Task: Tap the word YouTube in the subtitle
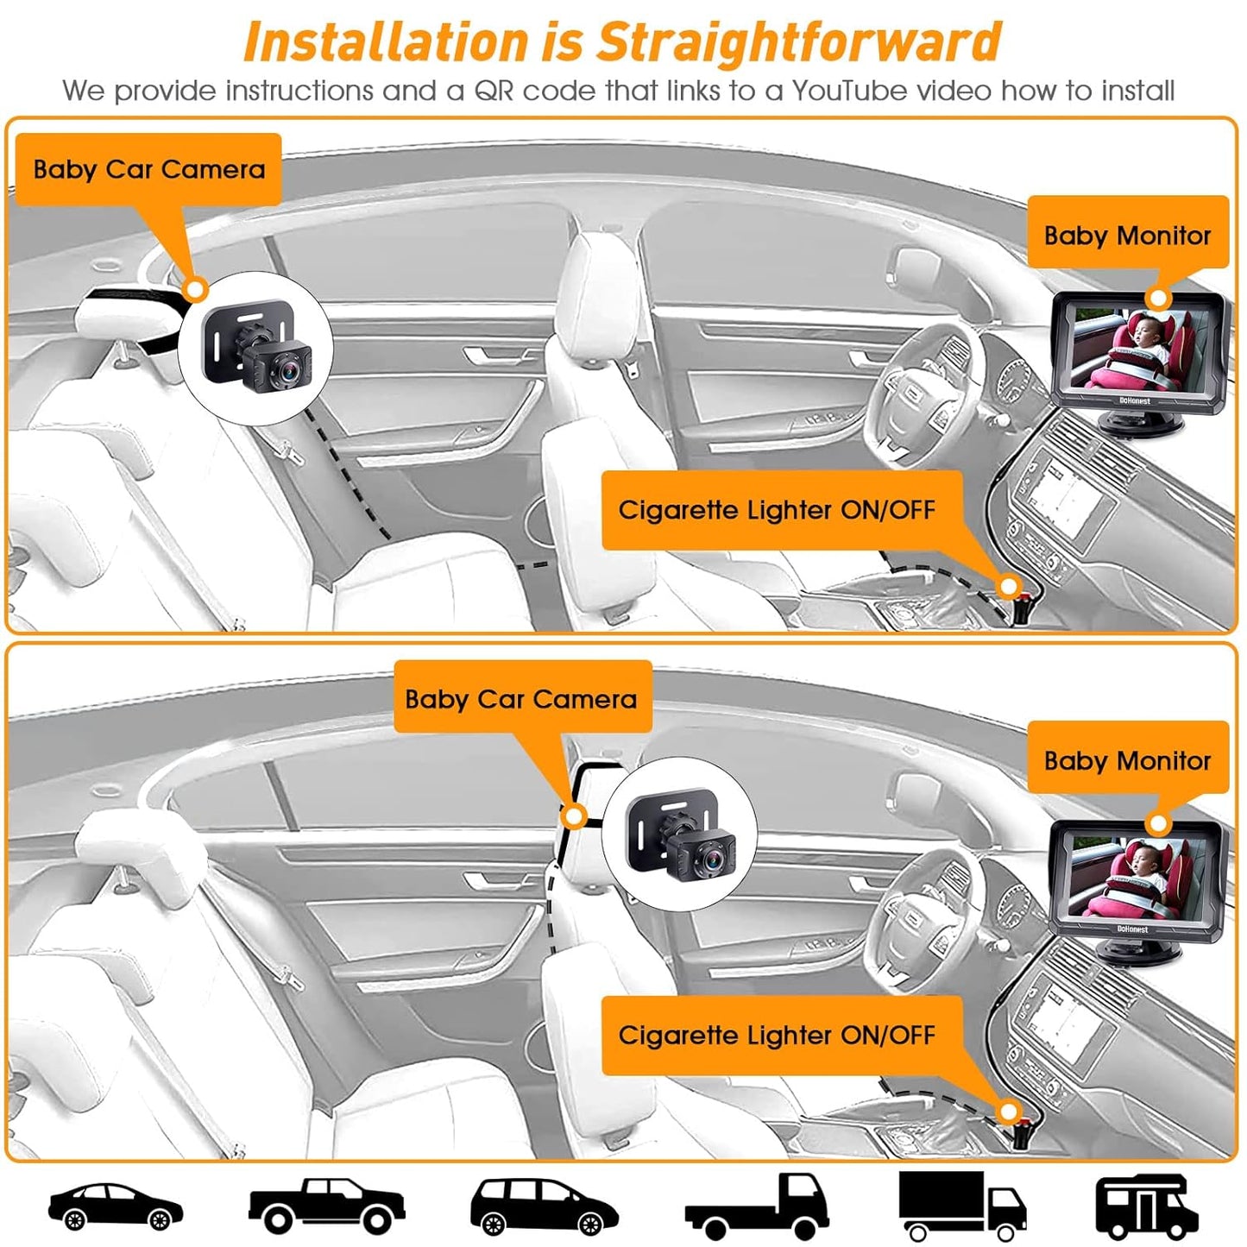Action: [x=849, y=91]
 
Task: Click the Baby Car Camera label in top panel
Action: [x=148, y=169]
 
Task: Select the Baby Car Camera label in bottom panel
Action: [x=521, y=698]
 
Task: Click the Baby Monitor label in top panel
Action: [x=1127, y=235]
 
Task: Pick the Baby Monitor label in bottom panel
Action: [x=1127, y=760]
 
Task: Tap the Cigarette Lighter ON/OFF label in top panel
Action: [x=777, y=509]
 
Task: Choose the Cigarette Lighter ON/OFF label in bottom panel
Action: [x=777, y=1035]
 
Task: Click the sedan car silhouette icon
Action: [x=115, y=1205]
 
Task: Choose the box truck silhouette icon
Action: [x=960, y=1205]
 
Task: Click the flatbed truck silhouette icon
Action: [x=757, y=1206]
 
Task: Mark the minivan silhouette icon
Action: [x=543, y=1206]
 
